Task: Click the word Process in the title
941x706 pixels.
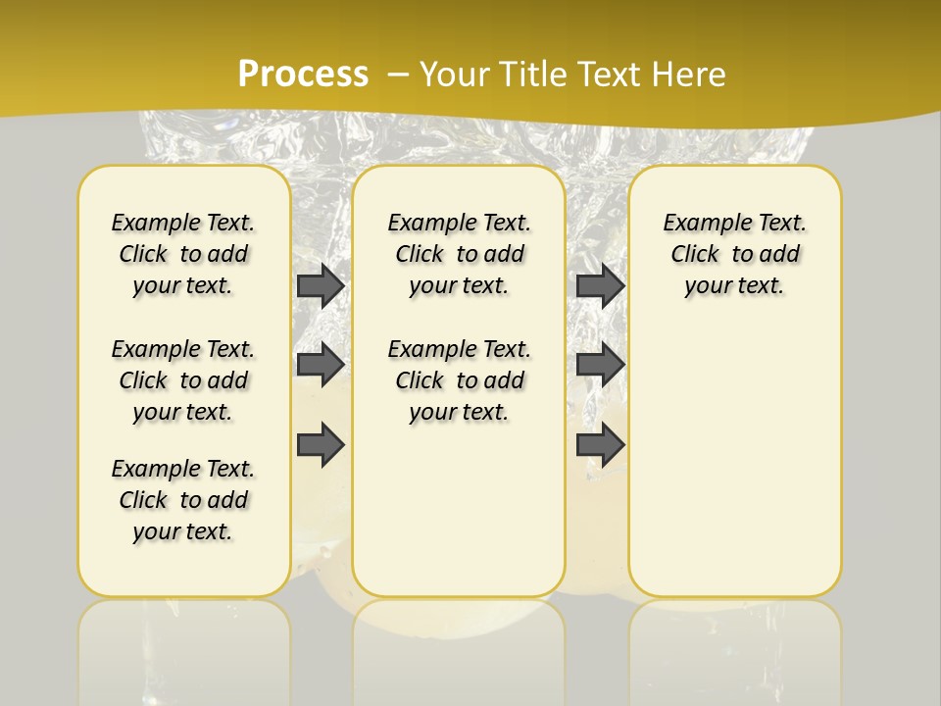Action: click(x=303, y=75)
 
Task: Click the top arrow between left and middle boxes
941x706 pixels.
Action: click(x=321, y=285)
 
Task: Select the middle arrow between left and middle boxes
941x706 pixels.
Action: click(x=321, y=365)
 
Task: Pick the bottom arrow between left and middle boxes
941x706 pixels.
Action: click(x=321, y=444)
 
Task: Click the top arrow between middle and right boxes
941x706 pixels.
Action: click(x=600, y=285)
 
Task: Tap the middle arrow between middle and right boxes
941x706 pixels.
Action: click(x=600, y=365)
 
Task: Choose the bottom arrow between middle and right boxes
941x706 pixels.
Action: click(x=600, y=444)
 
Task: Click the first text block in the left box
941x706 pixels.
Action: click(x=183, y=254)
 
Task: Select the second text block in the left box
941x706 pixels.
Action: click(x=183, y=380)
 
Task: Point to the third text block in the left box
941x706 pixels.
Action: click(x=183, y=500)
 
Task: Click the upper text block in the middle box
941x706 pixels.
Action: click(x=460, y=254)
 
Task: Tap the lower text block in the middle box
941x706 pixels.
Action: click(x=460, y=380)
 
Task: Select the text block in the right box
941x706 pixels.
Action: click(x=735, y=254)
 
